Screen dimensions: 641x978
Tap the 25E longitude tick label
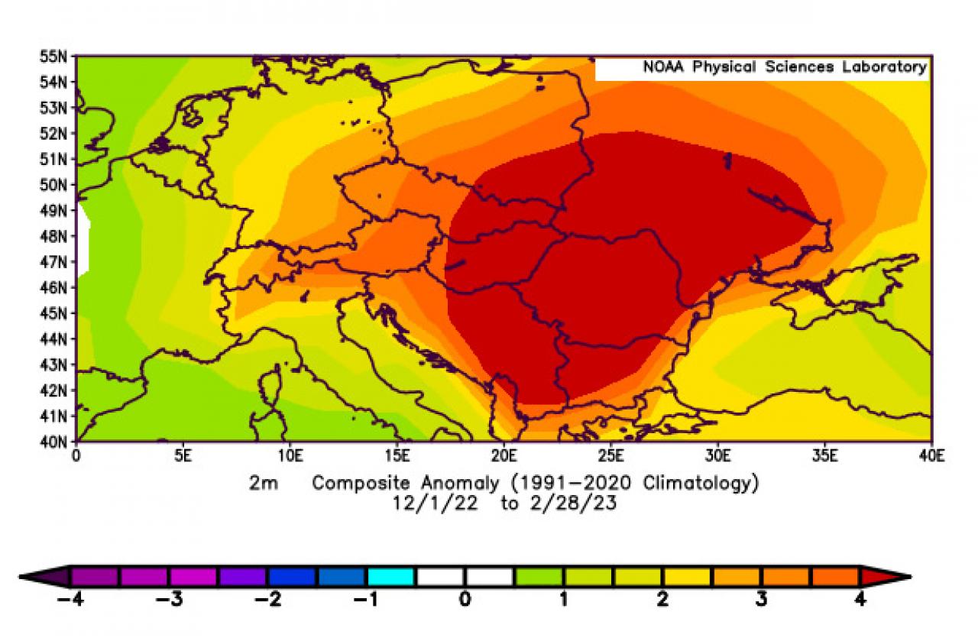pyautogui.click(x=610, y=456)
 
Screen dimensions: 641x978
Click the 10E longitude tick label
pyautogui.click(x=290, y=456)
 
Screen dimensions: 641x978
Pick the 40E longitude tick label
pyautogui.click(x=931, y=456)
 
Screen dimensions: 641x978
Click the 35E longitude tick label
pyautogui.click(x=824, y=456)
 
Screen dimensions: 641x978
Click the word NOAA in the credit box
pyautogui.click(x=663, y=67)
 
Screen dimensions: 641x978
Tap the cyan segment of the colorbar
pyautogui.click(x=390, y=576)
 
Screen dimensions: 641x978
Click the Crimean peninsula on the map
pyautogui.click(x=821, y=294)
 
